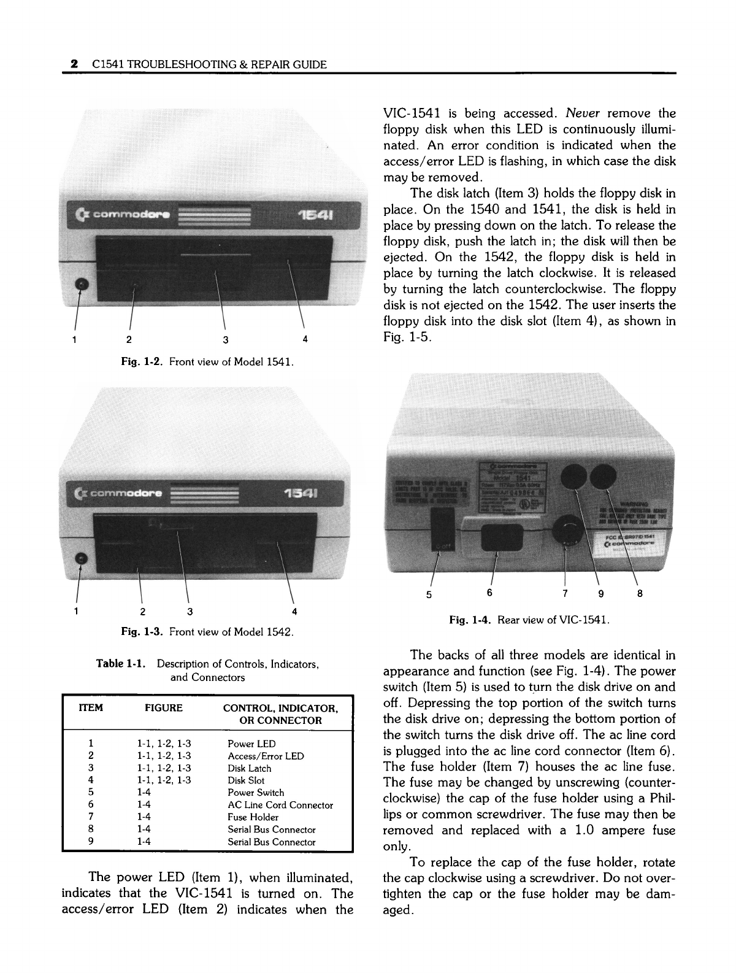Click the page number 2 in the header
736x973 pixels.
pyautogui.click(x=74, y=64)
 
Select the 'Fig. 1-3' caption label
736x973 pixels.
pyautogui.click(x=143, y=631)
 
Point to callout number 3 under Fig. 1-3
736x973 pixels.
pyautogui.click(x=190, y=611)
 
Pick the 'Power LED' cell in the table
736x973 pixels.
pyautogui.click(x=251, y=744)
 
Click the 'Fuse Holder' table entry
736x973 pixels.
pyautogui.click(x=253, y=817)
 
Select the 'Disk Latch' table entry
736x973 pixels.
pyautogui.click(x=249, y=768)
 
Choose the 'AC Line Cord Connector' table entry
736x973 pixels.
pyautogui.click(x=280, y=805)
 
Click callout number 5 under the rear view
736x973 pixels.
pyautogui.click(x=429, y=594)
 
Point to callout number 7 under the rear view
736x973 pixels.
pyautogui.click(x=565, y=593)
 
